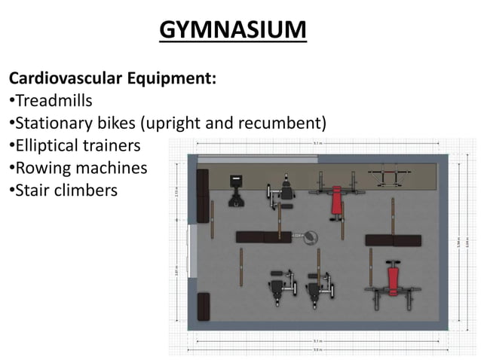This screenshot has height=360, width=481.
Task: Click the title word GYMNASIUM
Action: click(x=234, y=31)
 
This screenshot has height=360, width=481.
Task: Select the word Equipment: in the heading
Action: click(x=174, y=78)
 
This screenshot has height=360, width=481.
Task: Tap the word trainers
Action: click(x=113, y=145)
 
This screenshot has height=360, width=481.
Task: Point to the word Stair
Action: click(x=32, y=190)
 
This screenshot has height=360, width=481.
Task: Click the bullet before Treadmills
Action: click(x=11, y=100)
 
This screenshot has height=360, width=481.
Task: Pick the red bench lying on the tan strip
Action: click(x=336, y=200)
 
